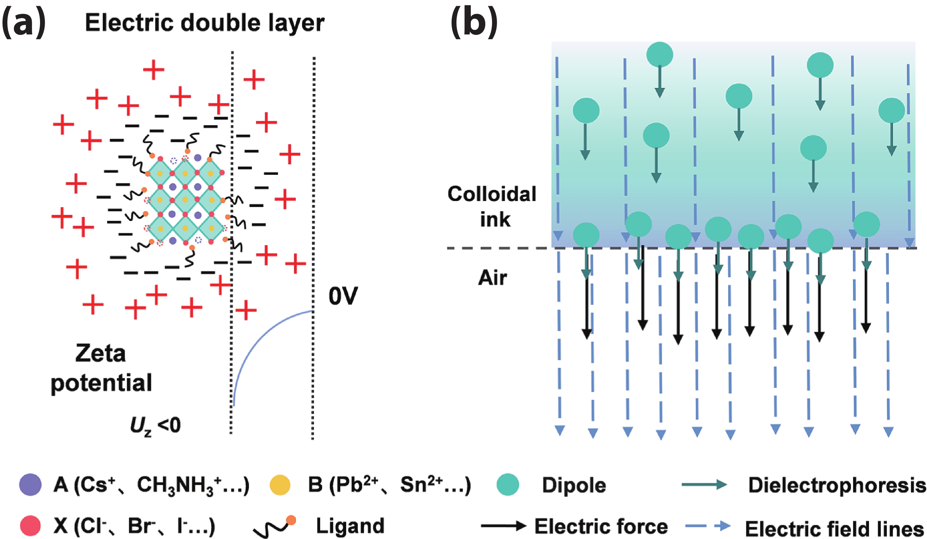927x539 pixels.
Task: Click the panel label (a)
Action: click(x=24, y=23)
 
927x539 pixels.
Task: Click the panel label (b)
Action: click(x=474, y=23)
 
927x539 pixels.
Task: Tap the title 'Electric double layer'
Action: click(x=205, y=23)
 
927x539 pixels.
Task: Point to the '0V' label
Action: click(x=343, y=296)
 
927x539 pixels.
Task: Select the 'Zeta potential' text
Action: click(x=101, y=368)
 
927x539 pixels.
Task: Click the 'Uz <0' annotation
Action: click(x=155, y=426)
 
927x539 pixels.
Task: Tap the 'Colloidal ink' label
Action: click(x=492, y=206)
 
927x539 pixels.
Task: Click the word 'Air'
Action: click(x=492, y=278)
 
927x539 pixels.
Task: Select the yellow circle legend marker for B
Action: click(x=280, y=485)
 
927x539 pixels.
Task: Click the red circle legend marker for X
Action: click(x=30, y=525)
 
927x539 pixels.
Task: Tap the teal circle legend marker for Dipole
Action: click(x=508, y=485)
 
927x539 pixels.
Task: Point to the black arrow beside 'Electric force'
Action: click(x=503, y=526)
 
